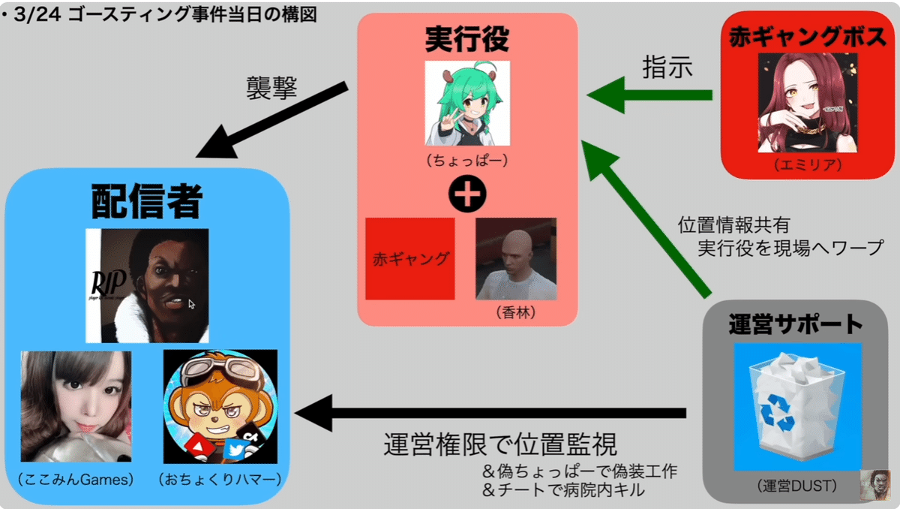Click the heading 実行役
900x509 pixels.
[466, 38]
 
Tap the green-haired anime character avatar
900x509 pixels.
[467, 103]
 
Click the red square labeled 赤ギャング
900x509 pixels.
[409, 259]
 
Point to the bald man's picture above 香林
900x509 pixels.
[516, 259]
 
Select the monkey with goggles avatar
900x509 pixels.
[220, 406]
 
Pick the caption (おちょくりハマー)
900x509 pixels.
[220, 478]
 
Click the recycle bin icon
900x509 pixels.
[796, 405]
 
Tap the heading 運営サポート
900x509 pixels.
[796, 324]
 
